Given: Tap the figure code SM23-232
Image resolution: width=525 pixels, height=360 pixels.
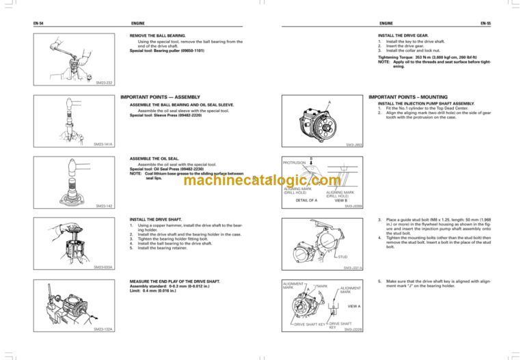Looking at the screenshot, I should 105,85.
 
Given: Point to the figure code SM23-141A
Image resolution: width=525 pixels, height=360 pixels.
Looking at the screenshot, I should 105,145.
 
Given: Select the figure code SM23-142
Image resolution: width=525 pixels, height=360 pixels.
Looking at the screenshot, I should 105,205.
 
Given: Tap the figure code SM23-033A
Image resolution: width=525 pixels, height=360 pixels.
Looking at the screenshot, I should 105,268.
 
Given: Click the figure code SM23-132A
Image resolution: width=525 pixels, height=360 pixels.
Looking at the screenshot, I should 105,330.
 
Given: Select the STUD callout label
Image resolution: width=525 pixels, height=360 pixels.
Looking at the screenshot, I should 344,257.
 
